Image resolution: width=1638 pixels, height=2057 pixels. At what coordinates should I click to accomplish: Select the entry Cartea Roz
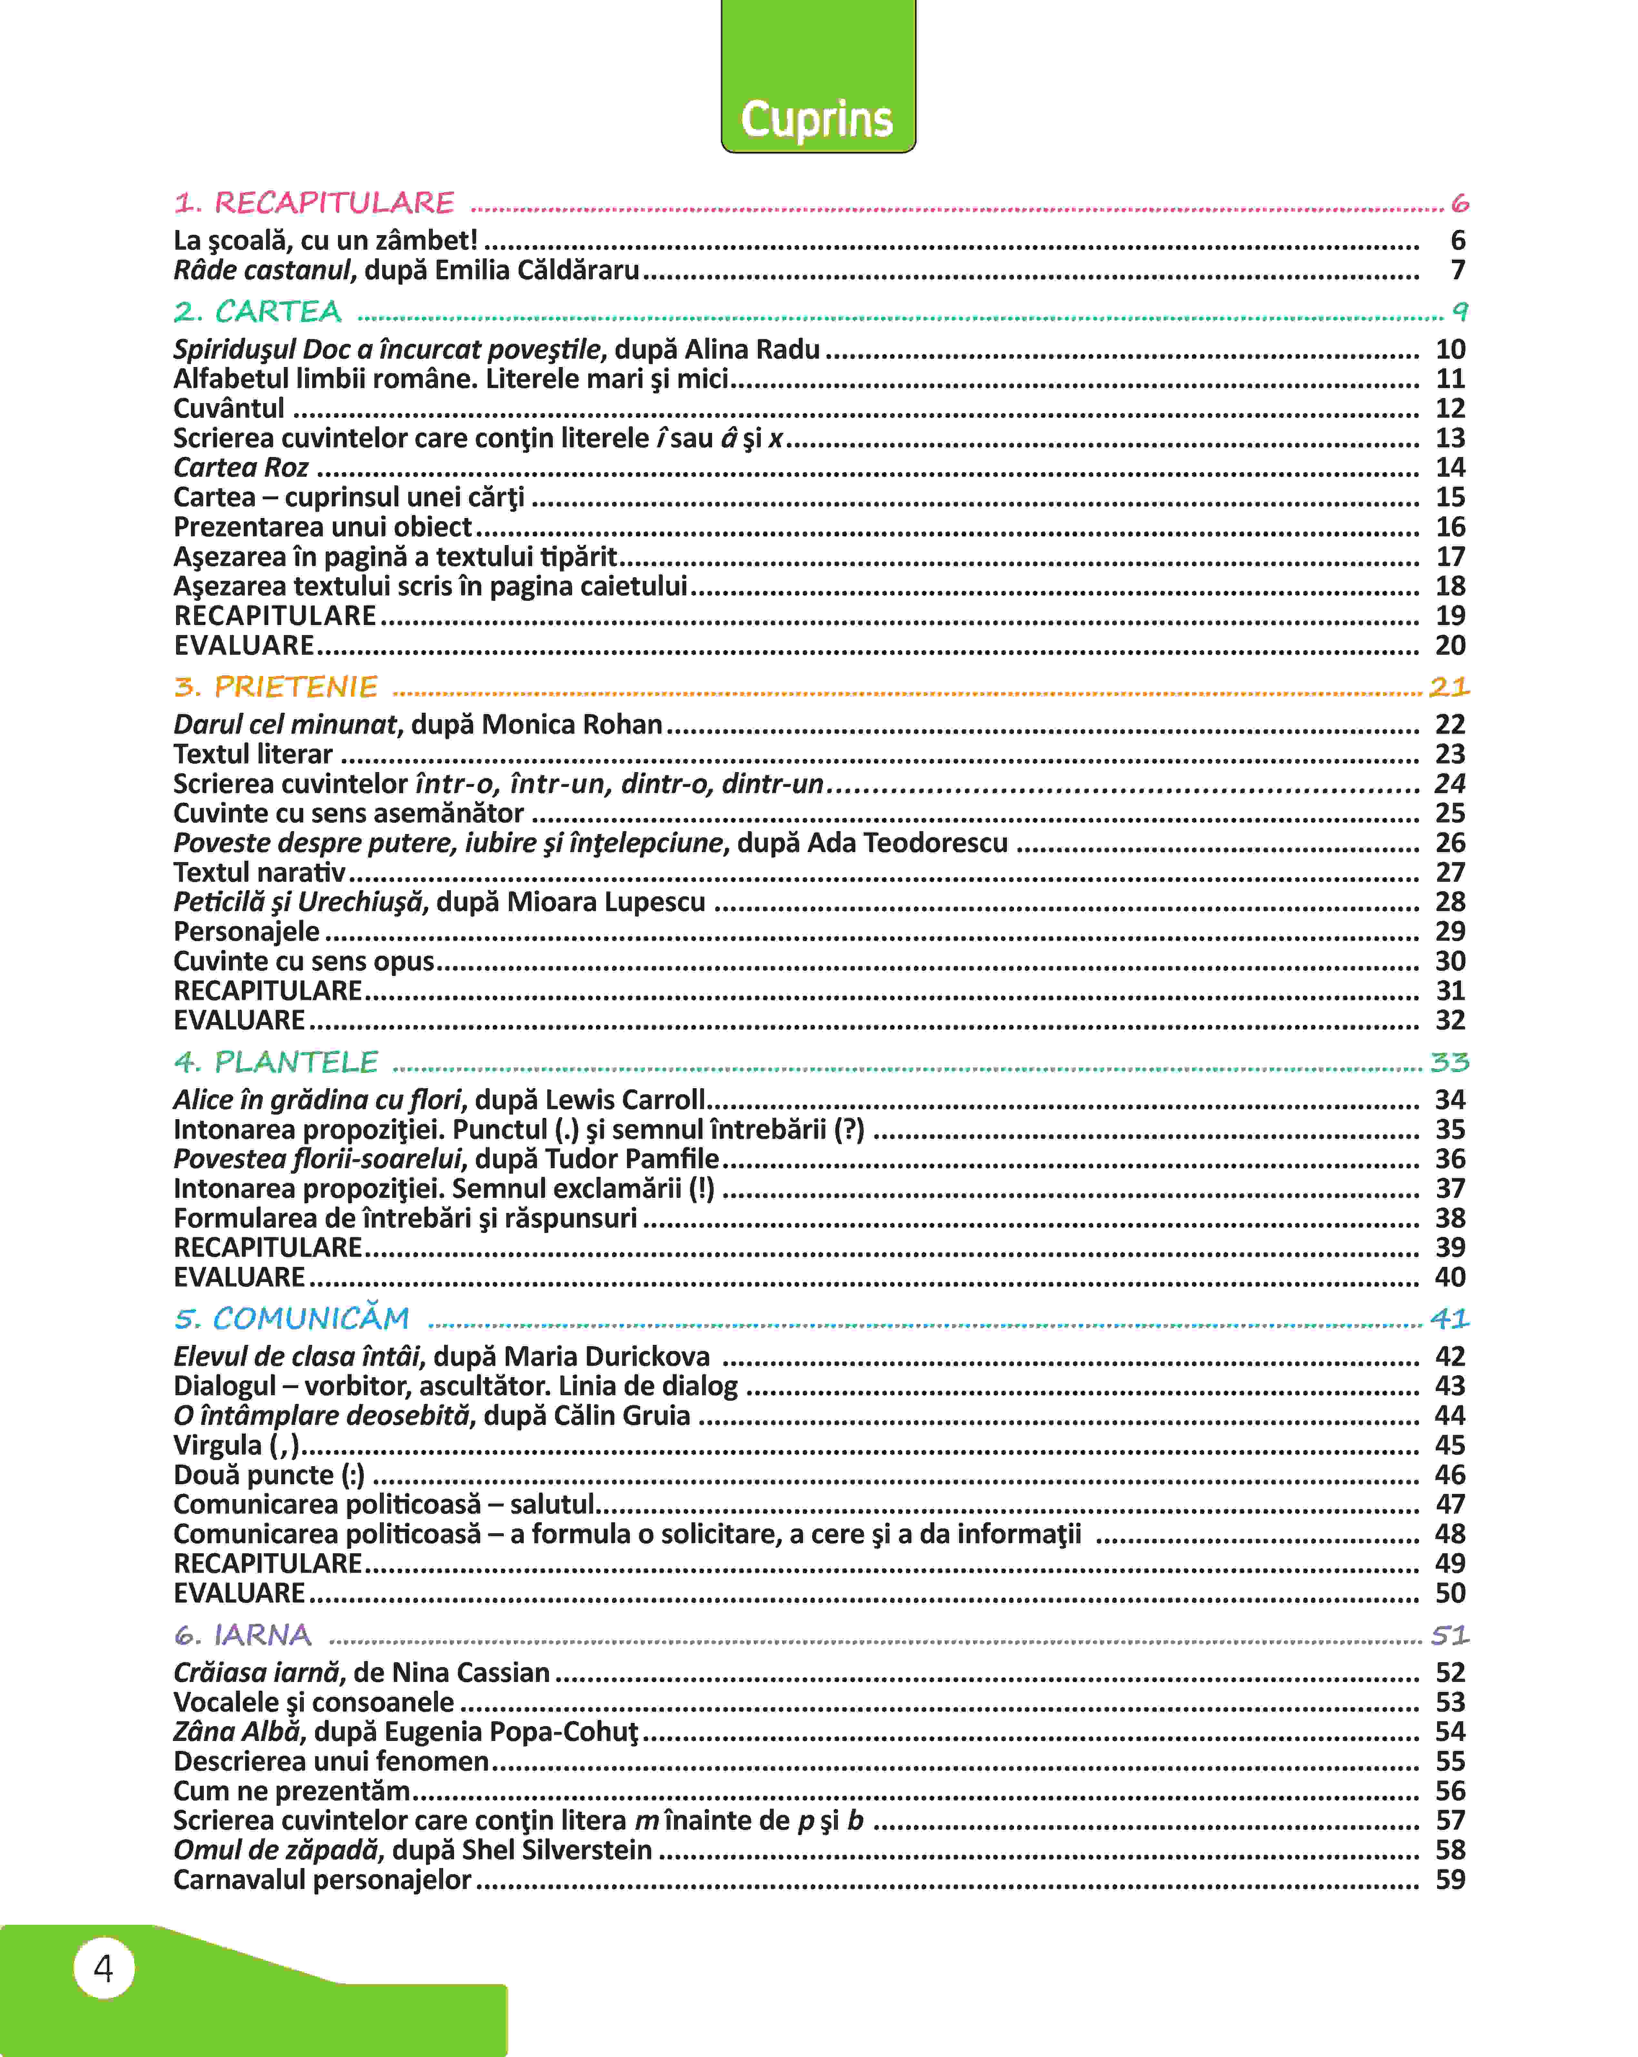coord(241,468)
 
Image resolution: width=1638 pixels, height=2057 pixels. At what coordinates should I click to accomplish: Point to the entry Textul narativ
coord(260,872)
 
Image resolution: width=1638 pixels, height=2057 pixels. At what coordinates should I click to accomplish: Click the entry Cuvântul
coord(229,408)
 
